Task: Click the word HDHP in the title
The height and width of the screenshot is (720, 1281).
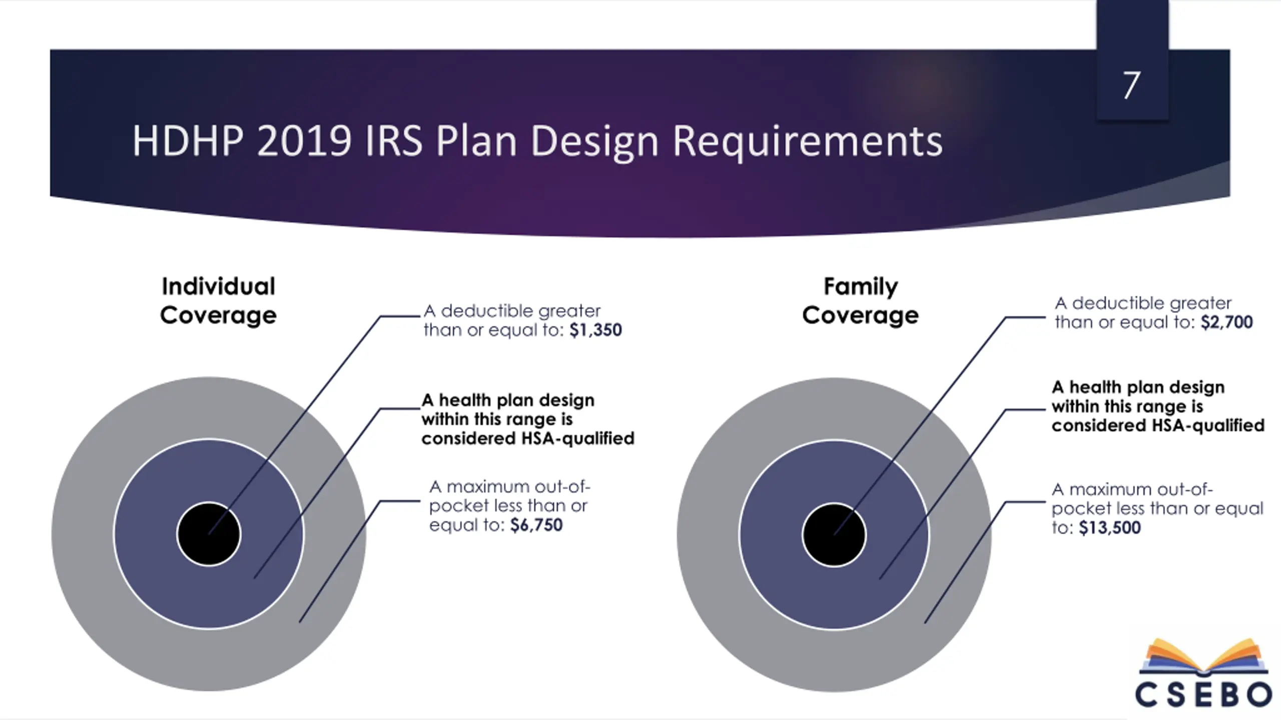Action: coord(188,141)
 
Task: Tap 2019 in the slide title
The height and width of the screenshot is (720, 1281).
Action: coord(304,141)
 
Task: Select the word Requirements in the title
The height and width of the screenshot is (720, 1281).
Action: coord(807,141)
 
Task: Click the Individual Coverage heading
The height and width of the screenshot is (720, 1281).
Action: coord(218,300)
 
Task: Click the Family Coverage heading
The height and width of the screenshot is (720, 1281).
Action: coord(861,300)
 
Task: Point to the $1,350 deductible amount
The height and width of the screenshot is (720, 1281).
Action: coord(595,330)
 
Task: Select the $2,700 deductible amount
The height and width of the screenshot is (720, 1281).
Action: coord(1226,322)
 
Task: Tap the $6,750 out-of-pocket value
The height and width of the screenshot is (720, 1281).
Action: coord(536,525)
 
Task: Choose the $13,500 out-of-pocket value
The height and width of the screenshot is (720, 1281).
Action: coord(1110,528)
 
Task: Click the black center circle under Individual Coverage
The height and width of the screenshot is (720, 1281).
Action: coord(209,534)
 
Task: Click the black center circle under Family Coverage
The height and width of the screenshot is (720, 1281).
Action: coord(834,534)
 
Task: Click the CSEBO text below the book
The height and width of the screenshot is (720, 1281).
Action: coord(1203,694)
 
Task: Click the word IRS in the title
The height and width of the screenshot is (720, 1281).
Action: coord(394,141)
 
